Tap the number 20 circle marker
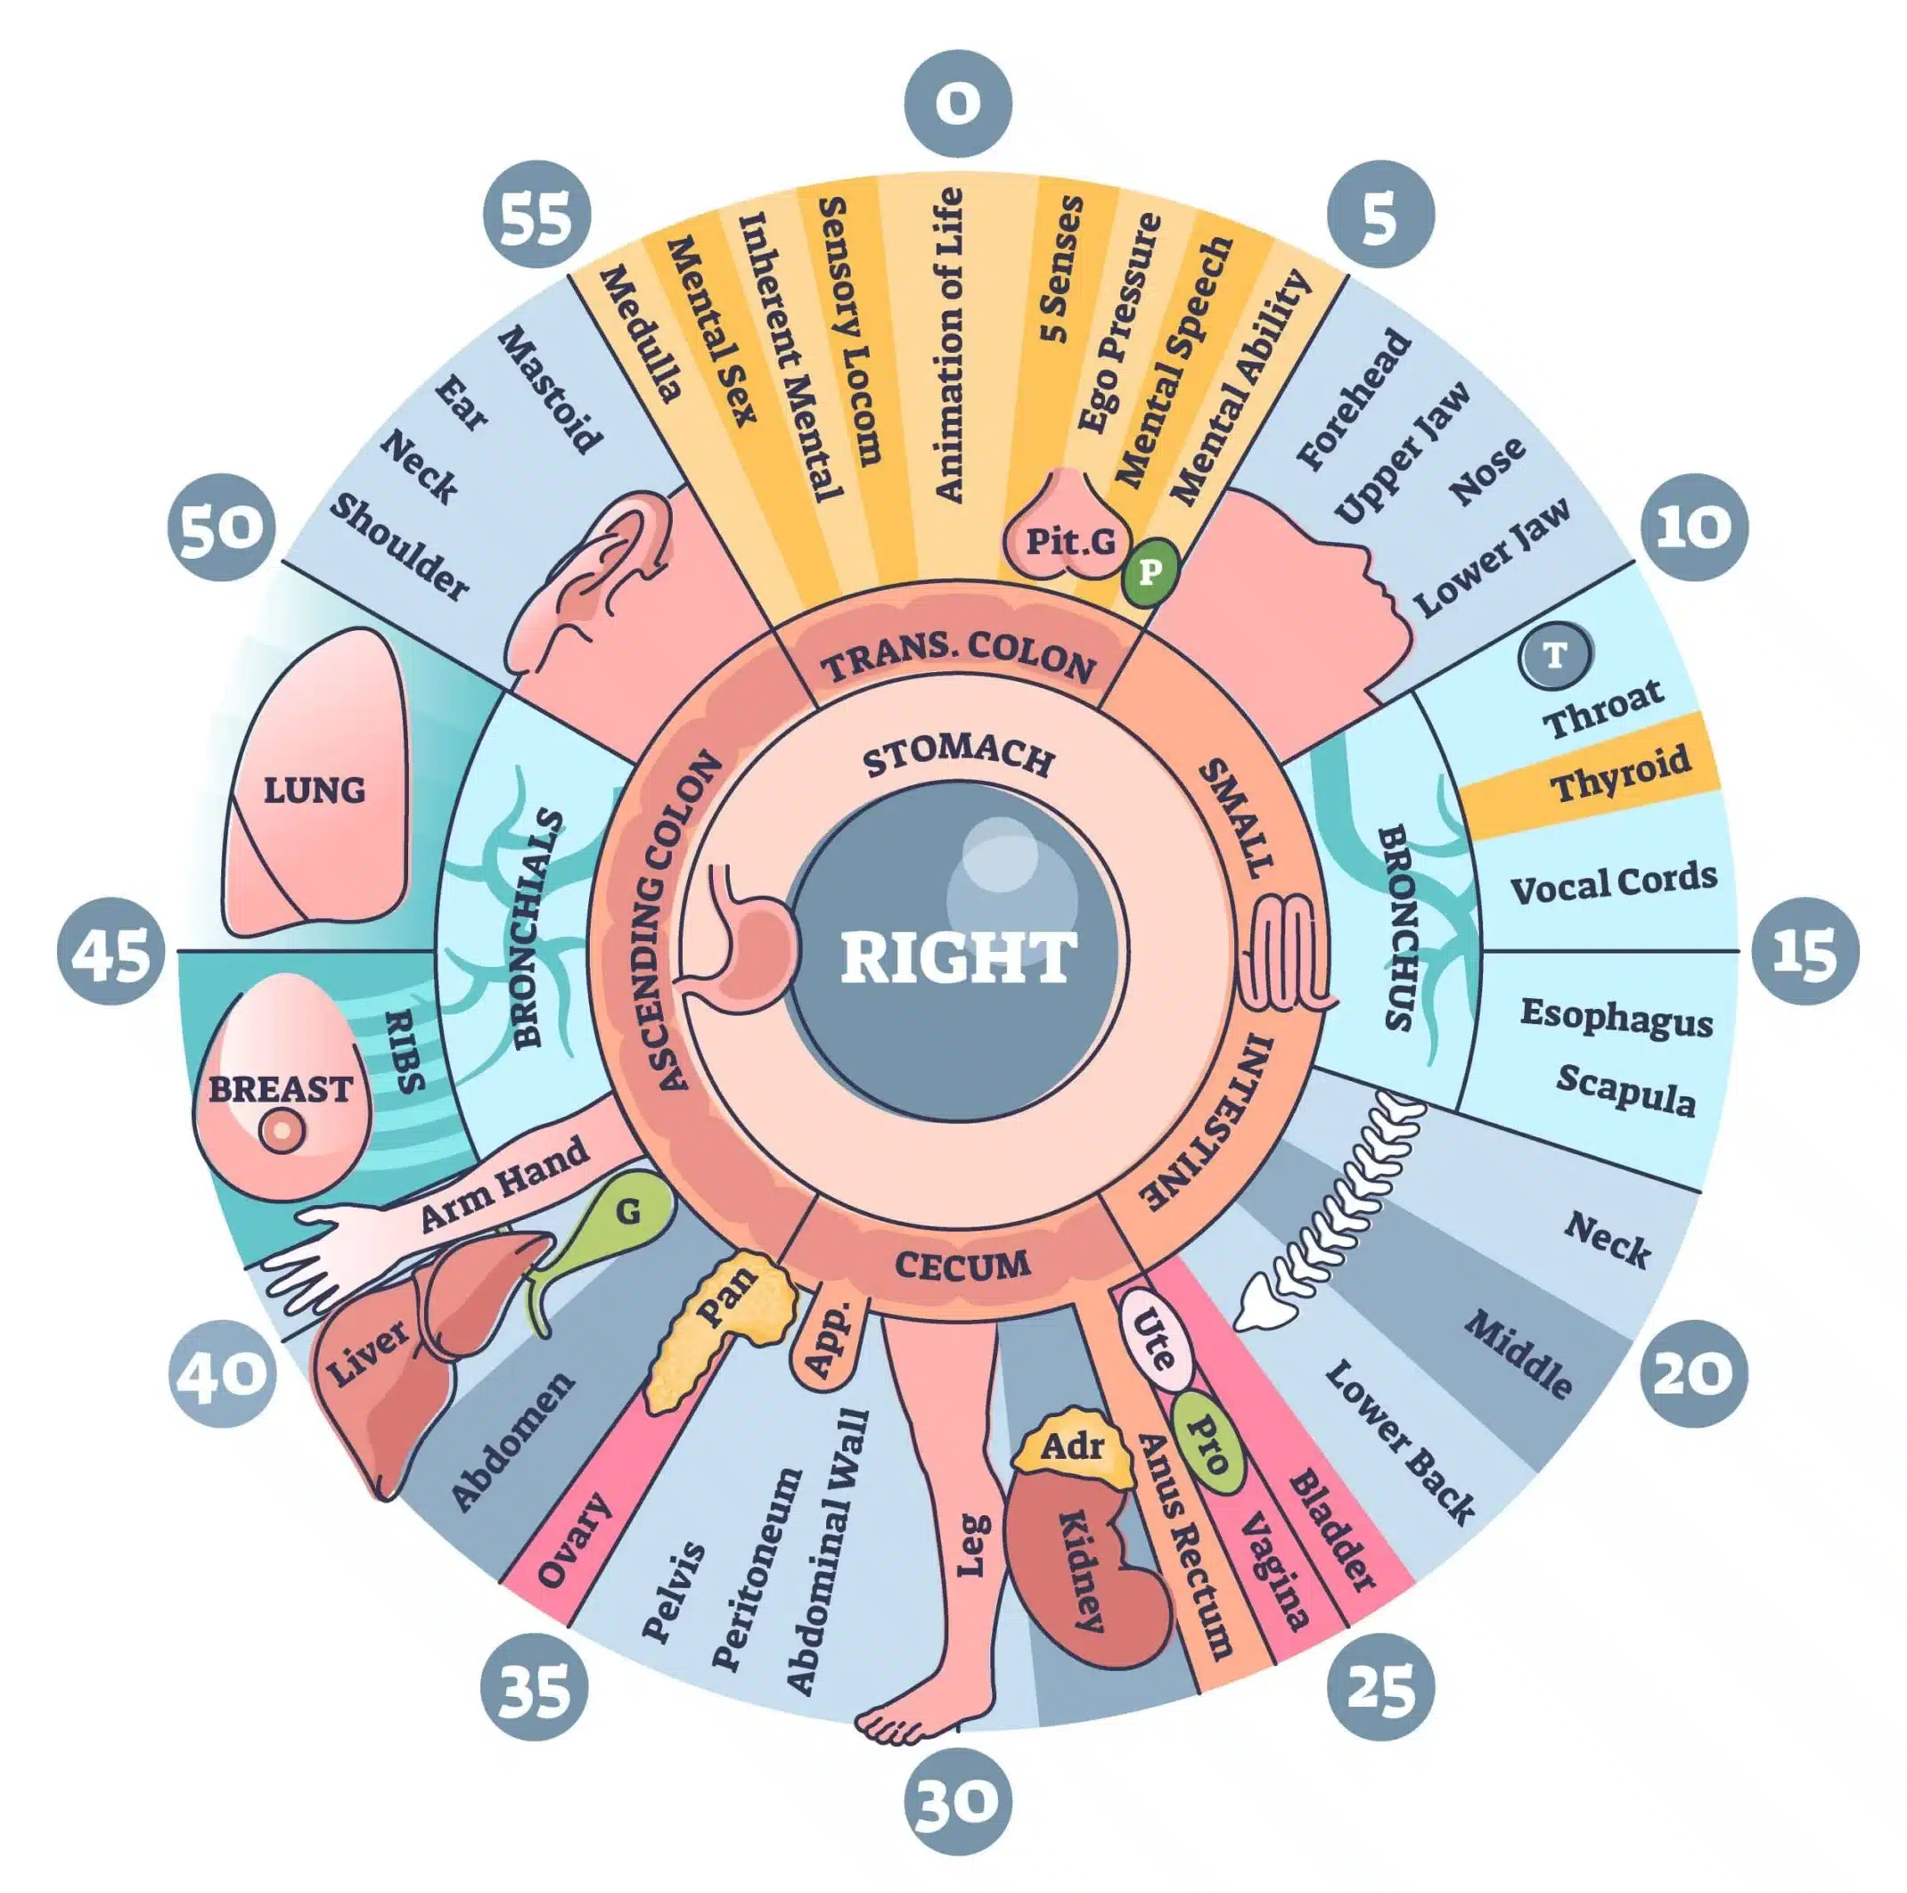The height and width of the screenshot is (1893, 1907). coord(1694,1373)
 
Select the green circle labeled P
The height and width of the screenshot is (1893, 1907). coord(1149,571)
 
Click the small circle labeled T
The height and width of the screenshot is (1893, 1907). coord(1556,654)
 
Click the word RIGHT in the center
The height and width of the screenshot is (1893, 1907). coord(957,957)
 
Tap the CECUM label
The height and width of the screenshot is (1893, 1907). coord(962,1266)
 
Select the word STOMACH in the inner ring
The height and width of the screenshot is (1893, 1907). coord(957,758)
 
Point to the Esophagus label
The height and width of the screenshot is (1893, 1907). coord(1616,1017)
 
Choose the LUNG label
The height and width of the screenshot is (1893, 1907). coord(315,790)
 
